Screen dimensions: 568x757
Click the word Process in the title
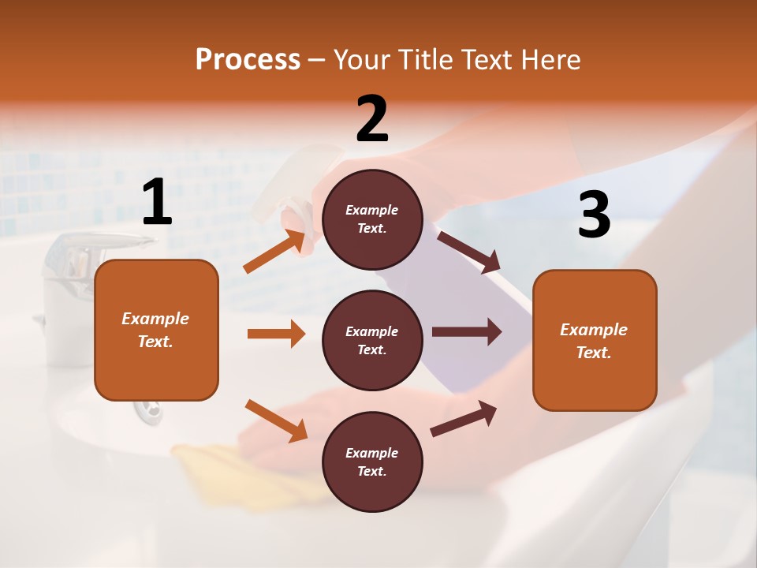[248, 60]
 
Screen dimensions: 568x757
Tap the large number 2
[372, 120]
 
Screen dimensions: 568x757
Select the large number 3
[594, 215]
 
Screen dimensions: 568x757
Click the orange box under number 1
[156, 330]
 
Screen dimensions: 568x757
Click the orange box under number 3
[595, 340]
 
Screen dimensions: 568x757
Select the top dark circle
[372, 219]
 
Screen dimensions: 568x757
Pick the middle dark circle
[372, 340]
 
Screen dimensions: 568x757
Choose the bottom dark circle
[372, 461]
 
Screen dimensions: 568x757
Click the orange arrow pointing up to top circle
[274, 252]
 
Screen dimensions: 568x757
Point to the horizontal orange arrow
[276, 334]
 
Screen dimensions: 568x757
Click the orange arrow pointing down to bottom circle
[276, 420]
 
